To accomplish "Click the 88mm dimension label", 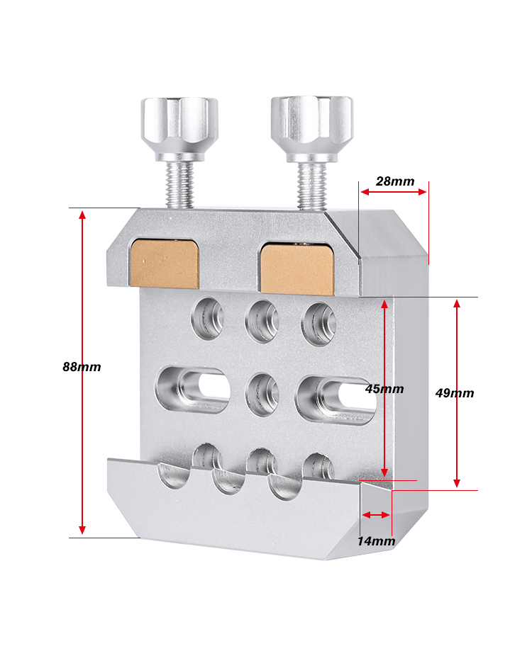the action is [x=82, y=367].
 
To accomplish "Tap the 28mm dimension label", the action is [x=395, y=181].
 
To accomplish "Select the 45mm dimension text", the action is [x=384, y=388].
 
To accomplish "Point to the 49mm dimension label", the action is [x=455, y=393].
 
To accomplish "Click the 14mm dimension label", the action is [x=376, y=541].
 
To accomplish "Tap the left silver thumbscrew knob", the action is [x=179, y=127].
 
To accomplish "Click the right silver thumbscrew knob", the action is [x=312, y=128].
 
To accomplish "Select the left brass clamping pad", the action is [x=165, y=263].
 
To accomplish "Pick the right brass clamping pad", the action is [x=297, y=268].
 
